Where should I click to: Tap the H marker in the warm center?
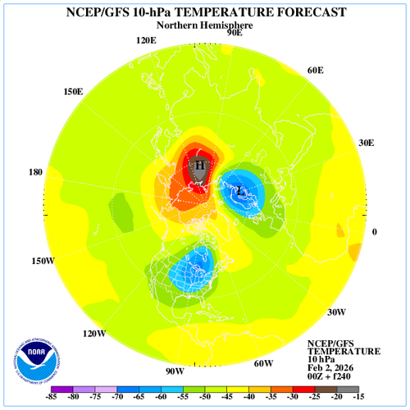[x=198, y=165]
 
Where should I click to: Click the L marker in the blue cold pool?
[x=239, y=192]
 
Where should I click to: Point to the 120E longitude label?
[x=146, y=41]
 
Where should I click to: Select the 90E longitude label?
[x=234, y=33]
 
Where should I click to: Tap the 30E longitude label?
[x=366, y=143]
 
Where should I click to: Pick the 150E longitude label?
[x=73, y=91]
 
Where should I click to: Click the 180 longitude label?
[x=35, y=173]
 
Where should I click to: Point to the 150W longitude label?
[x=43, y=262]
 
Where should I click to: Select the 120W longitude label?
[x=94, y=334]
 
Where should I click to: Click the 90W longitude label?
[x=175, y=371]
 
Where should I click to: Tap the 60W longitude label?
[x=262, y=363]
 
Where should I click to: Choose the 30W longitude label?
[x=336, y=312]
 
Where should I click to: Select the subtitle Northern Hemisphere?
[x=205, y=25]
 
